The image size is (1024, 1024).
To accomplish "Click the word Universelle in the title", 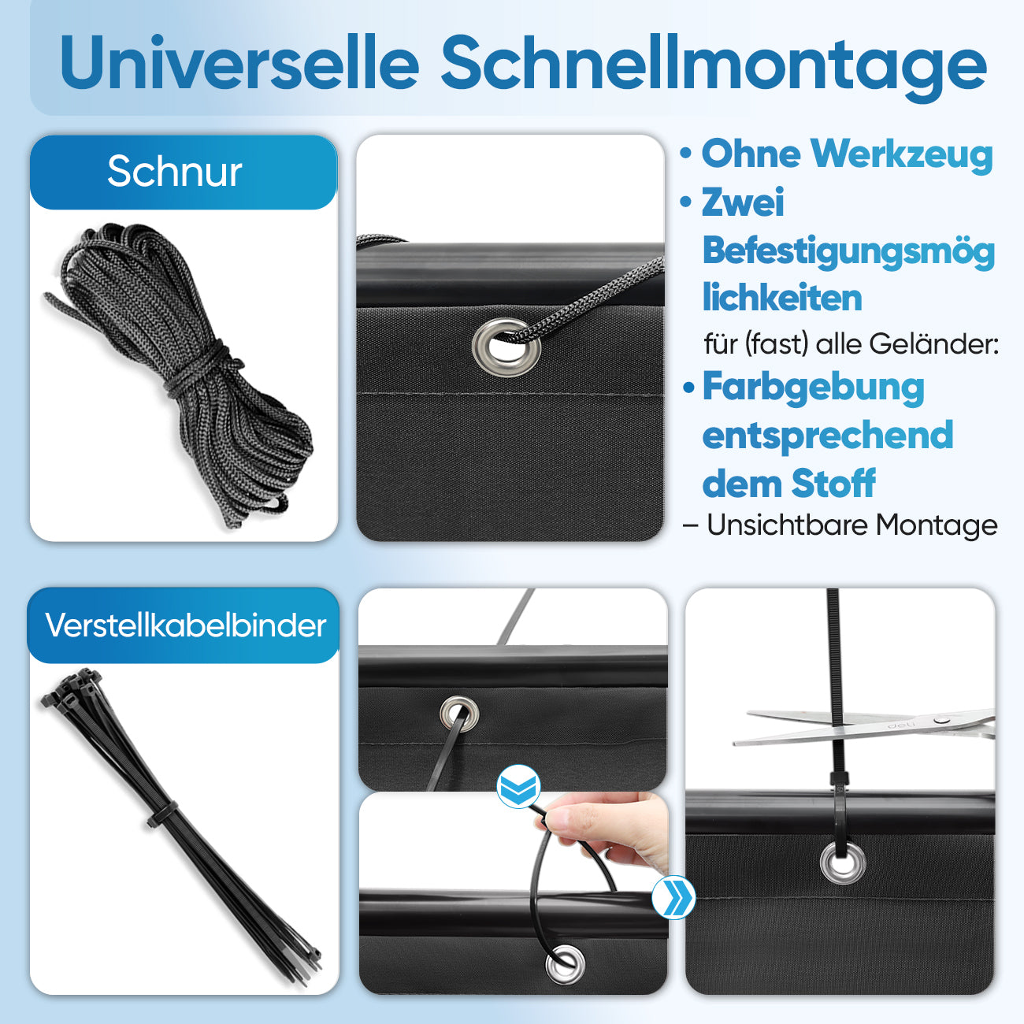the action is point(239,63).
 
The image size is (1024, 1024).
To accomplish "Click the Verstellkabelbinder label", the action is point(185,625).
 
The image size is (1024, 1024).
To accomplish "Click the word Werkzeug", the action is point(901,154).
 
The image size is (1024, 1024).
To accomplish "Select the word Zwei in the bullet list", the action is point(743,202).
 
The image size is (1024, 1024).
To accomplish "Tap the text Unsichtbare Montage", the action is point(851,525).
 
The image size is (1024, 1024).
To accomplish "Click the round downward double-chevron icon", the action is point(518,786).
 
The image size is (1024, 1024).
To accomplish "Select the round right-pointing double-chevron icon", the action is point(673,897).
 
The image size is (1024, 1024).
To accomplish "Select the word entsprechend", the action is point(827,436).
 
